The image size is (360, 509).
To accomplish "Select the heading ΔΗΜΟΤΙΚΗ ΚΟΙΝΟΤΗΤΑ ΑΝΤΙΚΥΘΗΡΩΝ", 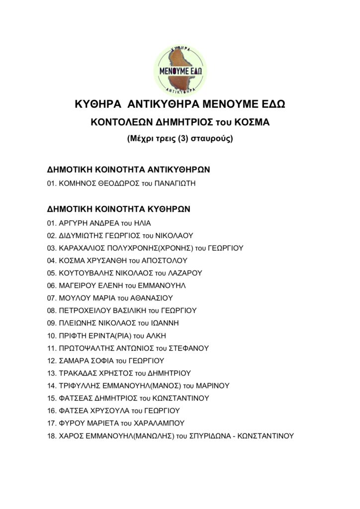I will (x=128, y=170).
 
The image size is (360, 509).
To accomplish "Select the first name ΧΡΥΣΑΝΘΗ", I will (x=109, y=260).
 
